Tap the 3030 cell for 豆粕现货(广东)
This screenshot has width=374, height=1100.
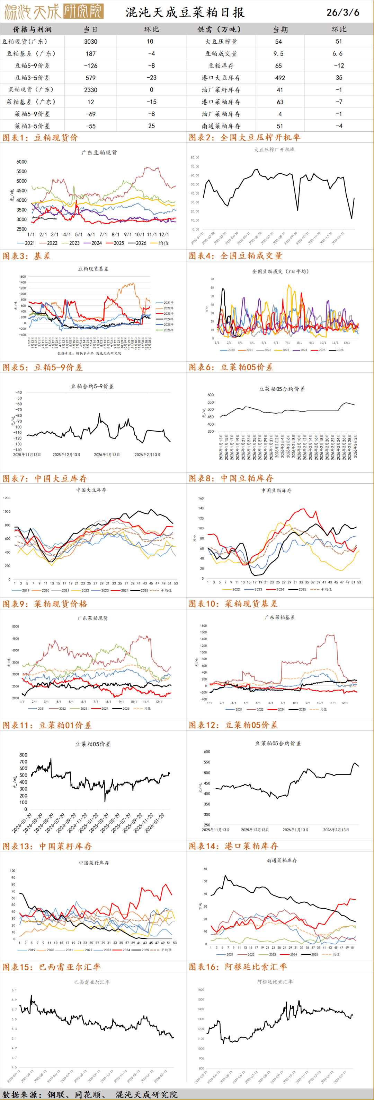coord(90,41)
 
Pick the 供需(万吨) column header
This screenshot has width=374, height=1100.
coord(219,29)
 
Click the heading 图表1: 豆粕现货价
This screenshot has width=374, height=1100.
coord(41,138)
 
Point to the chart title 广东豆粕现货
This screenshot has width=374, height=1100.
coord(99,153)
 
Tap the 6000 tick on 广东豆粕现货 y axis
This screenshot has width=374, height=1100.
coord(21,162)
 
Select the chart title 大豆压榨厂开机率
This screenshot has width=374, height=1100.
coord(274,149)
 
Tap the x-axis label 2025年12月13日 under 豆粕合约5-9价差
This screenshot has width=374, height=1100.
coord(66,455)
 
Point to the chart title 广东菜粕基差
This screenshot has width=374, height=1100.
coord(279,617)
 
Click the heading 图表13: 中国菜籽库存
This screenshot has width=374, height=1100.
coord(47,846)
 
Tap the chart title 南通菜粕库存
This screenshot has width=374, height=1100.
coord(282,860)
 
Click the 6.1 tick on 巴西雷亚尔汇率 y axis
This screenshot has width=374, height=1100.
coord(14,990)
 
